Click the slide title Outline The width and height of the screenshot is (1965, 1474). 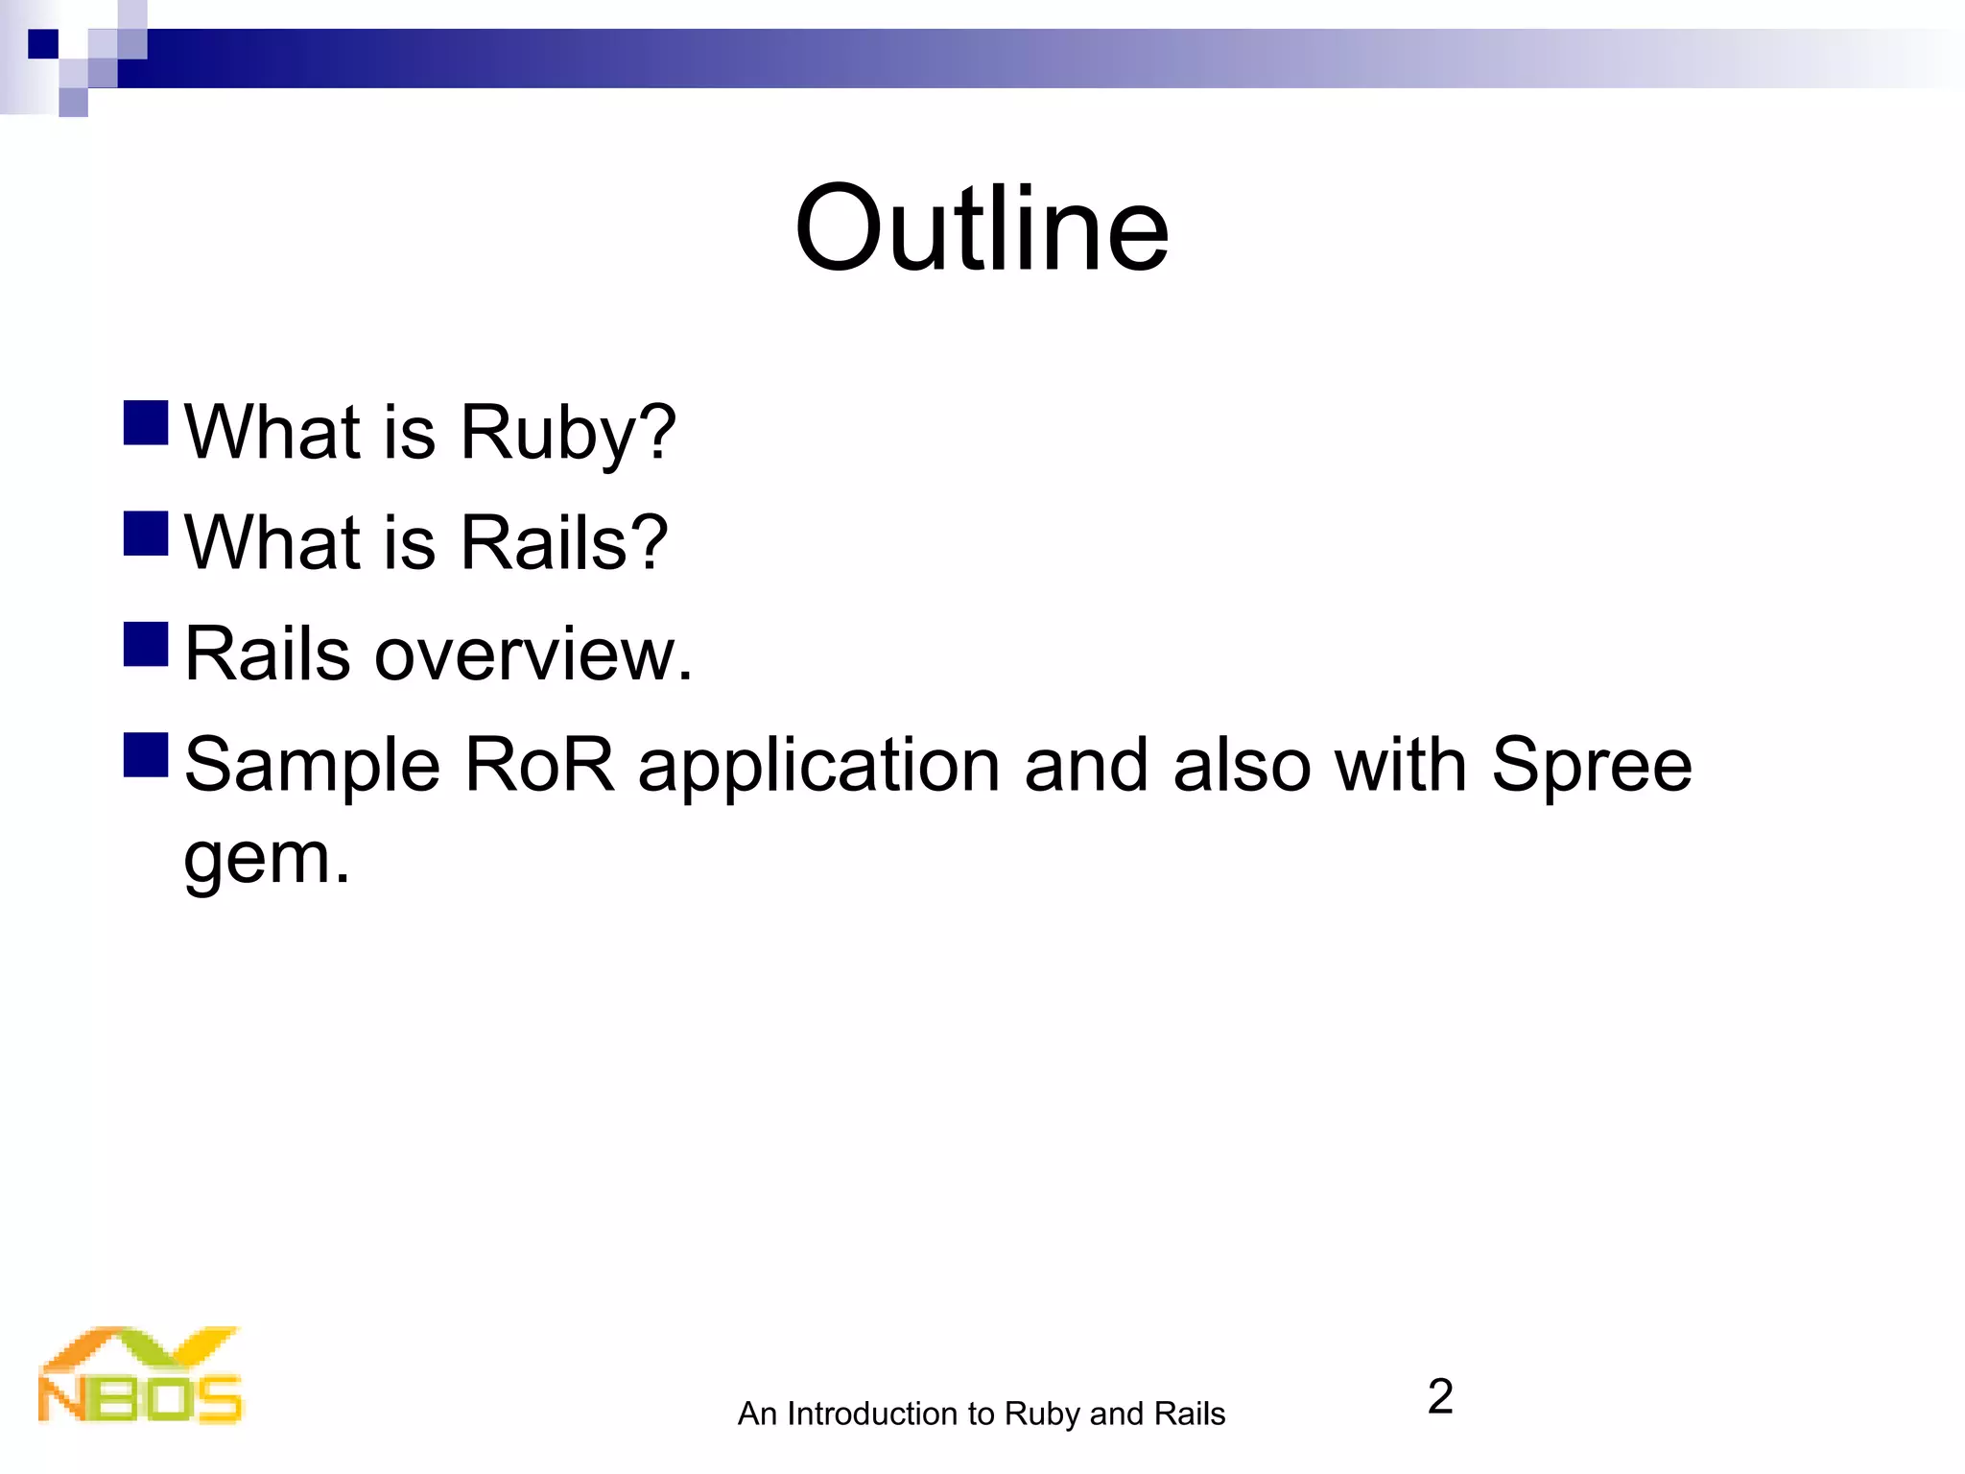pyautogui.click(x=982, y=230)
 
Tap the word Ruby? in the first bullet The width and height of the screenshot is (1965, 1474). pyautogui.click(x=568, y=434)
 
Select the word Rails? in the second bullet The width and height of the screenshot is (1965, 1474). pyautogui.click(x=564, y=543)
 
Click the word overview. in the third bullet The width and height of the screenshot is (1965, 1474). pyautogui.click(x=533, y=654)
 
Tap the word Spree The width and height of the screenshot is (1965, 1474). pyautogui.click(x=1591, y=766)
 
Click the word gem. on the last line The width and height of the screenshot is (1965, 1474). pyautogui.click(x=267, y=859)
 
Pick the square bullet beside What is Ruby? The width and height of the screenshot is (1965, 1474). pyautogui.click(x=146, y=423)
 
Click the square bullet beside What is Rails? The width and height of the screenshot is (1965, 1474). pyautogui.click(x=146, y=534)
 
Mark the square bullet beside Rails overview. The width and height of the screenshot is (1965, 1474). pyautogui.click(x=146, y=644)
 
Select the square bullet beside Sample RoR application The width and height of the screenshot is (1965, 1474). pyautogui.click(x=146, y=754)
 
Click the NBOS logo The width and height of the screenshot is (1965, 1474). pyautogui.click(x=140, y=1375)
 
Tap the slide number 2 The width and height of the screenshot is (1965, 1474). pyautogui.click(x=1439, y=1396)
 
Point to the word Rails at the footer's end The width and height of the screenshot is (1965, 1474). pyautogui.click(x=1189, y=1414)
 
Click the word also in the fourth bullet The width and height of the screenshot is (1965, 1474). pyautogui.click(x=1242, y=766)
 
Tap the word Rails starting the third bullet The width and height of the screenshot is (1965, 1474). pyautogui.click(x=267, y=654)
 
